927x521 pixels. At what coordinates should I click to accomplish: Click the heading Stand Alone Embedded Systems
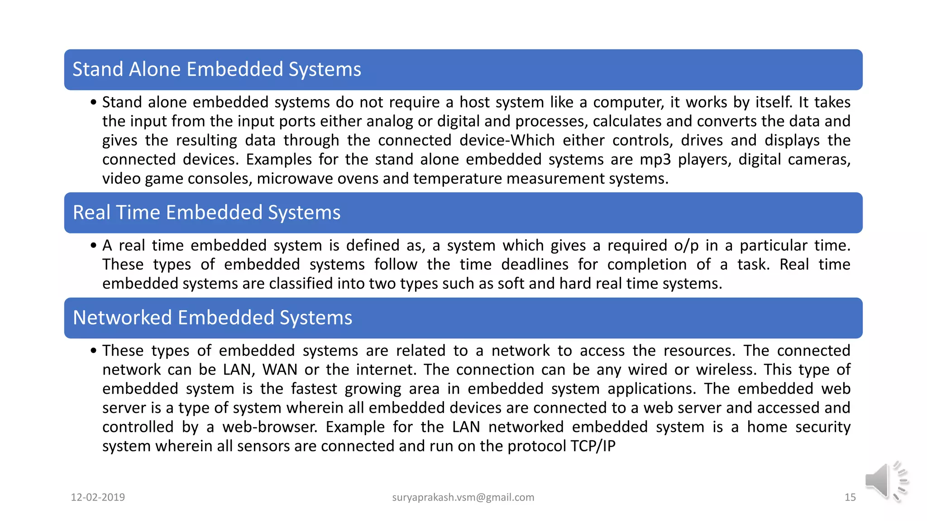tap(217, 70)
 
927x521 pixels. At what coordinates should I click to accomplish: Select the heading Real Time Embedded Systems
tap(206, 213)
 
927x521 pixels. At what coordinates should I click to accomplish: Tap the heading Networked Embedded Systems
tap(212, 318)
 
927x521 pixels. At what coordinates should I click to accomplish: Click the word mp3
tap(655, 160)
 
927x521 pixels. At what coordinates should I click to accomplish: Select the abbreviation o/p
tap(686, 246)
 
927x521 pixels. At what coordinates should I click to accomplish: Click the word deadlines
tap(535, 265)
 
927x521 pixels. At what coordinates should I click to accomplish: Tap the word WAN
tap(280, 370)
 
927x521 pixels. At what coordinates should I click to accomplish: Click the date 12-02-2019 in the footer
tap(98, 497)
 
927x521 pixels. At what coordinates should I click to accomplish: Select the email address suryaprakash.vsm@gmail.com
tap(463, 497)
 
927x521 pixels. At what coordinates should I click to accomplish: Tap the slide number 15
tap(850, 497)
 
